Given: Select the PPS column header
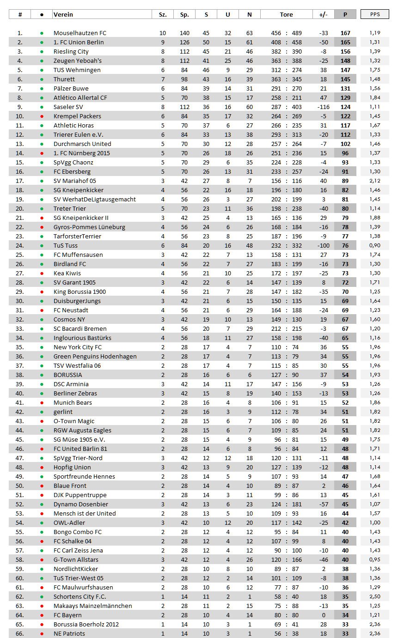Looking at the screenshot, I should (374, 14).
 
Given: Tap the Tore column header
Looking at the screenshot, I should (286, 14).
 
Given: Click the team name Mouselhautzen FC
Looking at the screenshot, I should (80, 33).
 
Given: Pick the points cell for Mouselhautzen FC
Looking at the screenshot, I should (345, 33).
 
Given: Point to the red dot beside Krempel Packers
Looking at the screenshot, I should (42, 116).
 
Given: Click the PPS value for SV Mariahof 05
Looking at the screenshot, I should (374, 181).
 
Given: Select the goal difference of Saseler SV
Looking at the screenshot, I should (322, 107).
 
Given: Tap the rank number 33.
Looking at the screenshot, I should (20, 328).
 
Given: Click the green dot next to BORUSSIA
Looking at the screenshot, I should (42, 375).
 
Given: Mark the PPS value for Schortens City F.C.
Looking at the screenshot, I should (374, 596).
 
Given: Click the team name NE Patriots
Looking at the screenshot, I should (69, 633).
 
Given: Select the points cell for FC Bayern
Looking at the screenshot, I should (345, 615).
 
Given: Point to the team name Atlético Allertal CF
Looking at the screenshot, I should (80, 97).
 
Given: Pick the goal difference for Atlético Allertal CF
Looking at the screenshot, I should (323, 97).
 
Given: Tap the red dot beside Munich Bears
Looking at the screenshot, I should (42, 402).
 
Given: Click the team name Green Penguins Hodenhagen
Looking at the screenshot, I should (95, 356).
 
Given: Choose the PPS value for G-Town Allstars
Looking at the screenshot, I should (374, 559).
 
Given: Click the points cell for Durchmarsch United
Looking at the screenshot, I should (345, 144).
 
